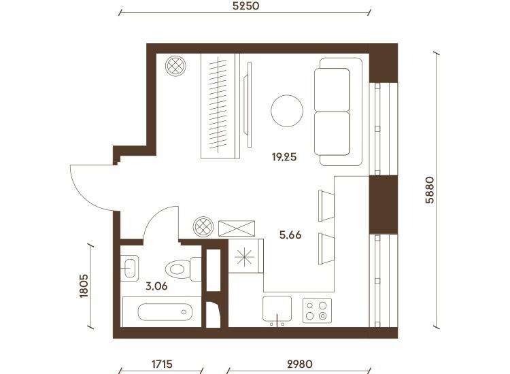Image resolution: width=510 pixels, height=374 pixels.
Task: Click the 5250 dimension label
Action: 246,6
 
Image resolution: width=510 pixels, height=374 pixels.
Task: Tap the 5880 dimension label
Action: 430,190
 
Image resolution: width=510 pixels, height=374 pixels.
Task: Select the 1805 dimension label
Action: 84,286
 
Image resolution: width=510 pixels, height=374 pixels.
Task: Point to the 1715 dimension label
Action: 162,364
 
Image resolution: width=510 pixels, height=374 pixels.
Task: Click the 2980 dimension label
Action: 300,364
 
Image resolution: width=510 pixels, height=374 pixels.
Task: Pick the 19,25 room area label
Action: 284,157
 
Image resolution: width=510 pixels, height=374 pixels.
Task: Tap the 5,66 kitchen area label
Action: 290,235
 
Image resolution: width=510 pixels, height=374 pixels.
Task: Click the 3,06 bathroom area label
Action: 156,286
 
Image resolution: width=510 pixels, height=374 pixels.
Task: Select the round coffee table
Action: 287,111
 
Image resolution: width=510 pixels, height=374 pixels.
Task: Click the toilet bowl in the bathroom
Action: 177,269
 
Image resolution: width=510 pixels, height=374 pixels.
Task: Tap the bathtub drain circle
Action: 184,312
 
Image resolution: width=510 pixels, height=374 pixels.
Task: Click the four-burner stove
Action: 317,311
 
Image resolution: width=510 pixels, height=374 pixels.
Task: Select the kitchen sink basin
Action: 277,309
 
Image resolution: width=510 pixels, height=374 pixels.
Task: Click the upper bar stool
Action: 326,205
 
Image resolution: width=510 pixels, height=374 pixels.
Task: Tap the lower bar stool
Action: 326,249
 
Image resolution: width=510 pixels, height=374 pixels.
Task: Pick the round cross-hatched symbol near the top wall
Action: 175,66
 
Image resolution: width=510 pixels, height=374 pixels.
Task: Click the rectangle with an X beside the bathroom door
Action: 237,228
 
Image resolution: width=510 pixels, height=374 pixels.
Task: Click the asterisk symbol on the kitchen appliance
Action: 245,257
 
